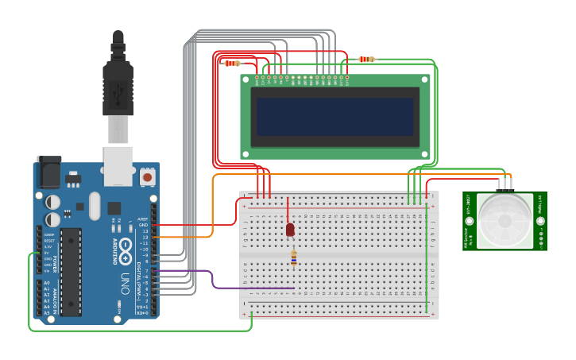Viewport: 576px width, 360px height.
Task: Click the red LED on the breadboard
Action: [290, 229]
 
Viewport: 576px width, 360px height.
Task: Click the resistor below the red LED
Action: [294, 257]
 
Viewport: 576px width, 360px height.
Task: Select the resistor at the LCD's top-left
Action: [232, 63]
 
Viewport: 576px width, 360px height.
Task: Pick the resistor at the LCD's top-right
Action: [366, 59]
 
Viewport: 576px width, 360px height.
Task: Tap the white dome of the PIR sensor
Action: [504, 220]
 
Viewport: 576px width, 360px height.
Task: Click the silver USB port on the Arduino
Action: [118, 160]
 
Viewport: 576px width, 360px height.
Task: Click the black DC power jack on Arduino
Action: [48, 172]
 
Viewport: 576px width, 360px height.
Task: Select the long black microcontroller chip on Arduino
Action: [72, 270]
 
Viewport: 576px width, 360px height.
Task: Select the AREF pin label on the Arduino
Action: [143, 219]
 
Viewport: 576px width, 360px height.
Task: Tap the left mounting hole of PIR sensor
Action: [470, 221]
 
